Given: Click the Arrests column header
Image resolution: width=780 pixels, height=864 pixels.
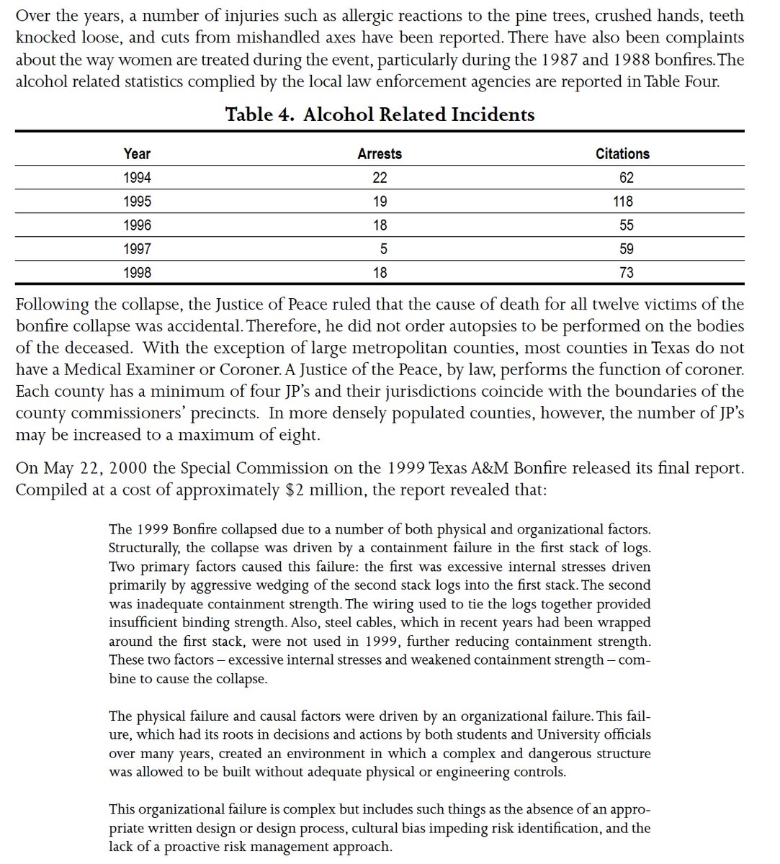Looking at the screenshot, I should pos(380,153).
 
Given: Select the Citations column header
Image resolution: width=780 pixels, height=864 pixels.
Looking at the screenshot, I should pos(622,153).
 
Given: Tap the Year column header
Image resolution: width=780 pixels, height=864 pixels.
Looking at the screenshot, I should pos(137,153).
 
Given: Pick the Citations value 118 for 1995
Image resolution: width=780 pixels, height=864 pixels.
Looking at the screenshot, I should pos(622,202).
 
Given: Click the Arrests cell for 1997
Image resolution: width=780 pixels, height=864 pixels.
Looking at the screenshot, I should pos(382,249).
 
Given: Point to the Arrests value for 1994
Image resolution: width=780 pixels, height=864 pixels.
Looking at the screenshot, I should pos(380,178).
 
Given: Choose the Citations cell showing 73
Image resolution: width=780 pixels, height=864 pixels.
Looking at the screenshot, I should pos(626,273).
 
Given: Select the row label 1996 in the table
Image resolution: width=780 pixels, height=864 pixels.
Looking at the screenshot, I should pos(137,225).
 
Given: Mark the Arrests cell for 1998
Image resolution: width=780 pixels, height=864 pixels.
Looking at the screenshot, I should pos(380,273).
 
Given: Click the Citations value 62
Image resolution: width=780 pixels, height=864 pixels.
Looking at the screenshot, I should pos(626,178).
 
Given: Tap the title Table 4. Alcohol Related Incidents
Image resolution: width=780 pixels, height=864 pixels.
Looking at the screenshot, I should pos(380,114).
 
